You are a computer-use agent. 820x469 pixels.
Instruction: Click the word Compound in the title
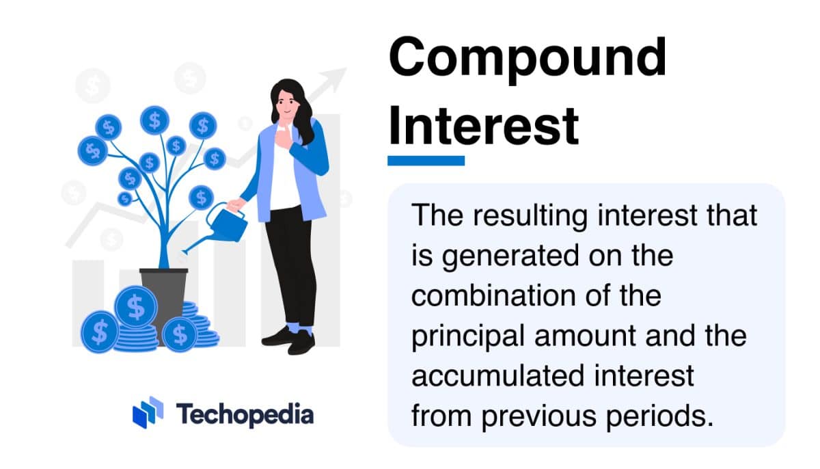point(527,57)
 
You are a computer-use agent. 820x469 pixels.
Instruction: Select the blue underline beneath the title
point(426,161)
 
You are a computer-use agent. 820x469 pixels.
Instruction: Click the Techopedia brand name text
point(245,414)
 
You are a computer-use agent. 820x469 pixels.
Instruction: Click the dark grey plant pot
point(164,291)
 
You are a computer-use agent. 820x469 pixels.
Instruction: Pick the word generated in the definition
point(509,256)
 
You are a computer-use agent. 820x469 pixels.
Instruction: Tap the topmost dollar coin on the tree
point(154,120)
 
